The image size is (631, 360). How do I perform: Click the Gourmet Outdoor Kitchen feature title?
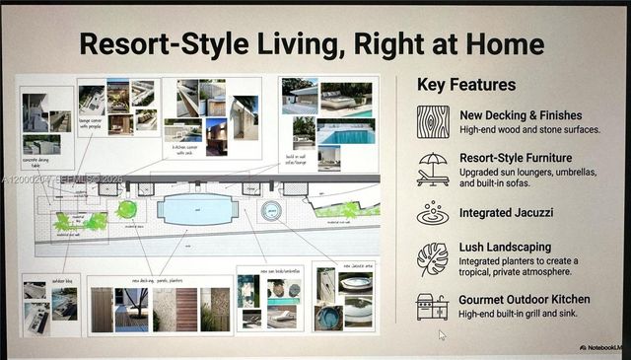(538, 299)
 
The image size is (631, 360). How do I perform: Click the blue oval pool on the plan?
(199, 209)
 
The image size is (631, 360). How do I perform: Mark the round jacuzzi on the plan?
(271, 210)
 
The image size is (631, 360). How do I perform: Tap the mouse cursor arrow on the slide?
(442, 335)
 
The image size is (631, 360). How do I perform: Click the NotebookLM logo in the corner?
(602, 347)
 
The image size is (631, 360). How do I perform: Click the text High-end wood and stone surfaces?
(530, 130)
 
